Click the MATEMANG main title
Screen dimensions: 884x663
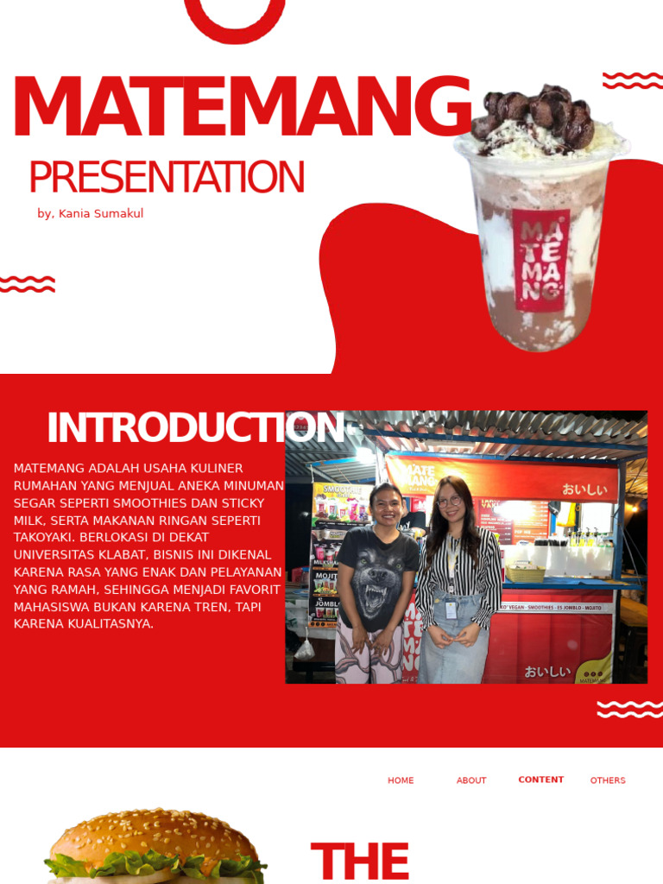click(242, 108)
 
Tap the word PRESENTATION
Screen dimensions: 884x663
click(167, 177)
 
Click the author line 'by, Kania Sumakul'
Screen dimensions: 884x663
click(91, 214)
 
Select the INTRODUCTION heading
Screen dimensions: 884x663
click(195, 428)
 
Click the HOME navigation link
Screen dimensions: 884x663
click(401, 780)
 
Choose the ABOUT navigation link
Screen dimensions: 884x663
click(471, 780)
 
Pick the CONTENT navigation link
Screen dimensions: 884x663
click(541, 780)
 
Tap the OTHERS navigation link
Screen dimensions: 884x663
click(608, 780)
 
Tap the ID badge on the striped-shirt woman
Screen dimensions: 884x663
click(451, 609)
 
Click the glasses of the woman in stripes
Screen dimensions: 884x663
click(449, 501)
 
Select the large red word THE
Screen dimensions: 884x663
click(359, 861)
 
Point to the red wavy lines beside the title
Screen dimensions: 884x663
click(633, 81)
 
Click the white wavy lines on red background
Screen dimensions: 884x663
click(629, 710)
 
